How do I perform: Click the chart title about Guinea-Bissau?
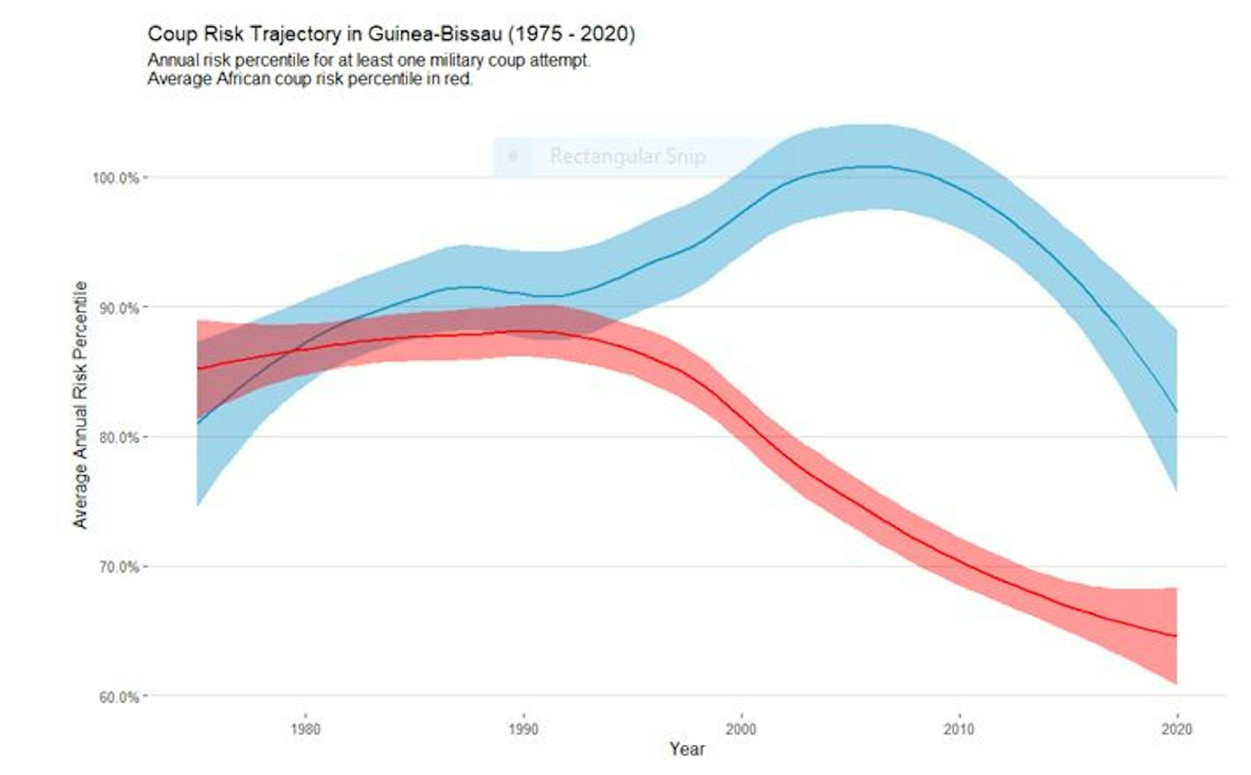pyautogui.click(x=391, y=34)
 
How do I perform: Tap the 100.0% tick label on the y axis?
pyautogui.click(x=116, y=178)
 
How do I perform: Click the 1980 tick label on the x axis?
pyautogui.click(x=306, y=729)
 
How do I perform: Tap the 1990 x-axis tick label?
pyautogui.click(x=523, y=729)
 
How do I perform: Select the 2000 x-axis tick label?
pyautogui.click(x=741, y=729)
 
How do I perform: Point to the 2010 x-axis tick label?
pyautogui.click(x=958, y=729)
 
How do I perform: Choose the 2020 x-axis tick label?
pyautogui.click(x=1176, y=729)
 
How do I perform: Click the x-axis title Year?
pyautogui.click(x=687, y=750)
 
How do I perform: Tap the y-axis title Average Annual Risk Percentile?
pyautogui.click(x=80, y=404)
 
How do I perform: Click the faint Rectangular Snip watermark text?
pyautogui.click(x=627, y=156)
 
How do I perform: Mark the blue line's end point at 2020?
pyautogui.click(x=1177, y=412)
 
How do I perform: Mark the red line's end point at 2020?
pyautogui.click(x=1177, y=636)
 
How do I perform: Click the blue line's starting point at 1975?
pyautogui.click(x=197, y=424)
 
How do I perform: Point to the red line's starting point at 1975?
pyautogui.click(x=197, y=369)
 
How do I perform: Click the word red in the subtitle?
pyautogui.click(x=459, y=80)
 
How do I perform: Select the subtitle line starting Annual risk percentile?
pyautogui.click(x=369, y=61)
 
